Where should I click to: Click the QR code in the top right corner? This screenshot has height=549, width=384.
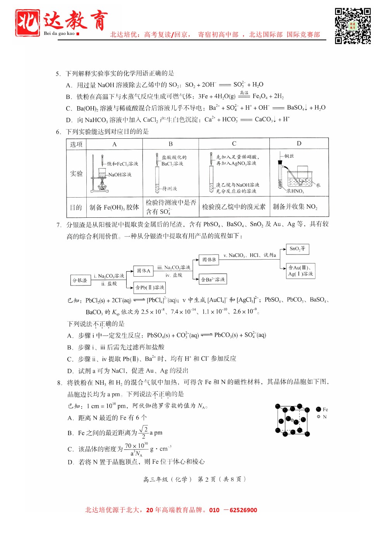pyautogui.click(x=353, y=26)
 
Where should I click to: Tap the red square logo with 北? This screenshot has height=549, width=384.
pyautogui.click(x=27, y=23)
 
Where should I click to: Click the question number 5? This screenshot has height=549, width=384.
pyautogui.click(x=58, y=74)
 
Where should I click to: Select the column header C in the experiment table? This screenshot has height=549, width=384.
pyautogui.click(x=234, y=144)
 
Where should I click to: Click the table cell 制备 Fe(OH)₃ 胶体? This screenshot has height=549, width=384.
pyautogui.click(x=114, y=207)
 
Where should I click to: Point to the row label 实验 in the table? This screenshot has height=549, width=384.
pyautogui.click(x=76, y=173)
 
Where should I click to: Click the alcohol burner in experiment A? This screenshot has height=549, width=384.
pyautogui.click(x=102, y=185)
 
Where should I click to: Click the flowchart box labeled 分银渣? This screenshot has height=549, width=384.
pyautogui.click(x=80, y=280)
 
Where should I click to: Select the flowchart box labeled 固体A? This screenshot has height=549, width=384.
pyautogui.click(x=143, y=271)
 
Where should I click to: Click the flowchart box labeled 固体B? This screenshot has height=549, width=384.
pyautogui.click(x=209, y=260)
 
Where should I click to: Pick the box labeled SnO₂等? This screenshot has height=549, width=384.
pyautogui.click(x=297, y=249)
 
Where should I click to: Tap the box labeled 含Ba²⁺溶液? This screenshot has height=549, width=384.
pyautogui.click(x=213, y=279)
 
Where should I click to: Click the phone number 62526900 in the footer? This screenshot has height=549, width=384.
pyautogui.click(x=243, y=510)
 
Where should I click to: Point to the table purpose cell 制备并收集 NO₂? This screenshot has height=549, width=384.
pyautogui.click(x=295, y=207)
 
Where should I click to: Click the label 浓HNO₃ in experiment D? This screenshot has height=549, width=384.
pyautogui.click(x=295, y=191)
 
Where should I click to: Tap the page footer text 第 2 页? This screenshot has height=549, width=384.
pyautogui.click(x=207, y=479)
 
